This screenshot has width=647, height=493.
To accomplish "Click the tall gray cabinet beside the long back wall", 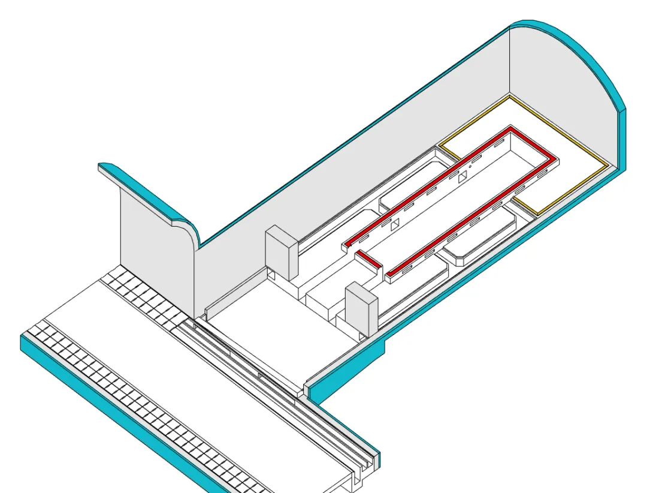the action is tap(282, 252).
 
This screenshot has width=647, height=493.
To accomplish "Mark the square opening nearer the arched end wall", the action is tap(462, 178).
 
